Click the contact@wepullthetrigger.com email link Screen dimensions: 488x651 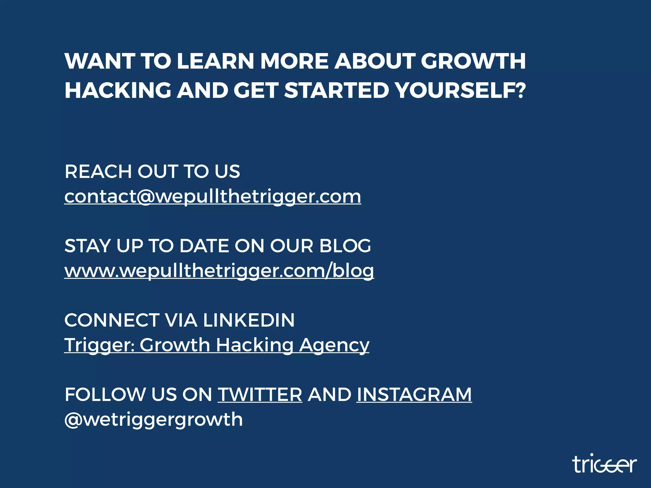point(213,197)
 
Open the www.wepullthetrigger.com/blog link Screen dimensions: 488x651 point(219,271)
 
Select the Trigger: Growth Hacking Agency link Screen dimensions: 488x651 point(217,345)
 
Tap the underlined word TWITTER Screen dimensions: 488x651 point(260,395)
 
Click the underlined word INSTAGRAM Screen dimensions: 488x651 point(414,395)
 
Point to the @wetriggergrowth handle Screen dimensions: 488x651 point(154,419)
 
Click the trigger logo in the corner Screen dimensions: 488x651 point(604,464)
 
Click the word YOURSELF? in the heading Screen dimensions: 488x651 point(461,90)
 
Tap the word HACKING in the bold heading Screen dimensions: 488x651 point(118,90)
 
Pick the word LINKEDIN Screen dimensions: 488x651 point(249,320)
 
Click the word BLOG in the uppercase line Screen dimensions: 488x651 point(345,246)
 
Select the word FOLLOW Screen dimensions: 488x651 point(105,395)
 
